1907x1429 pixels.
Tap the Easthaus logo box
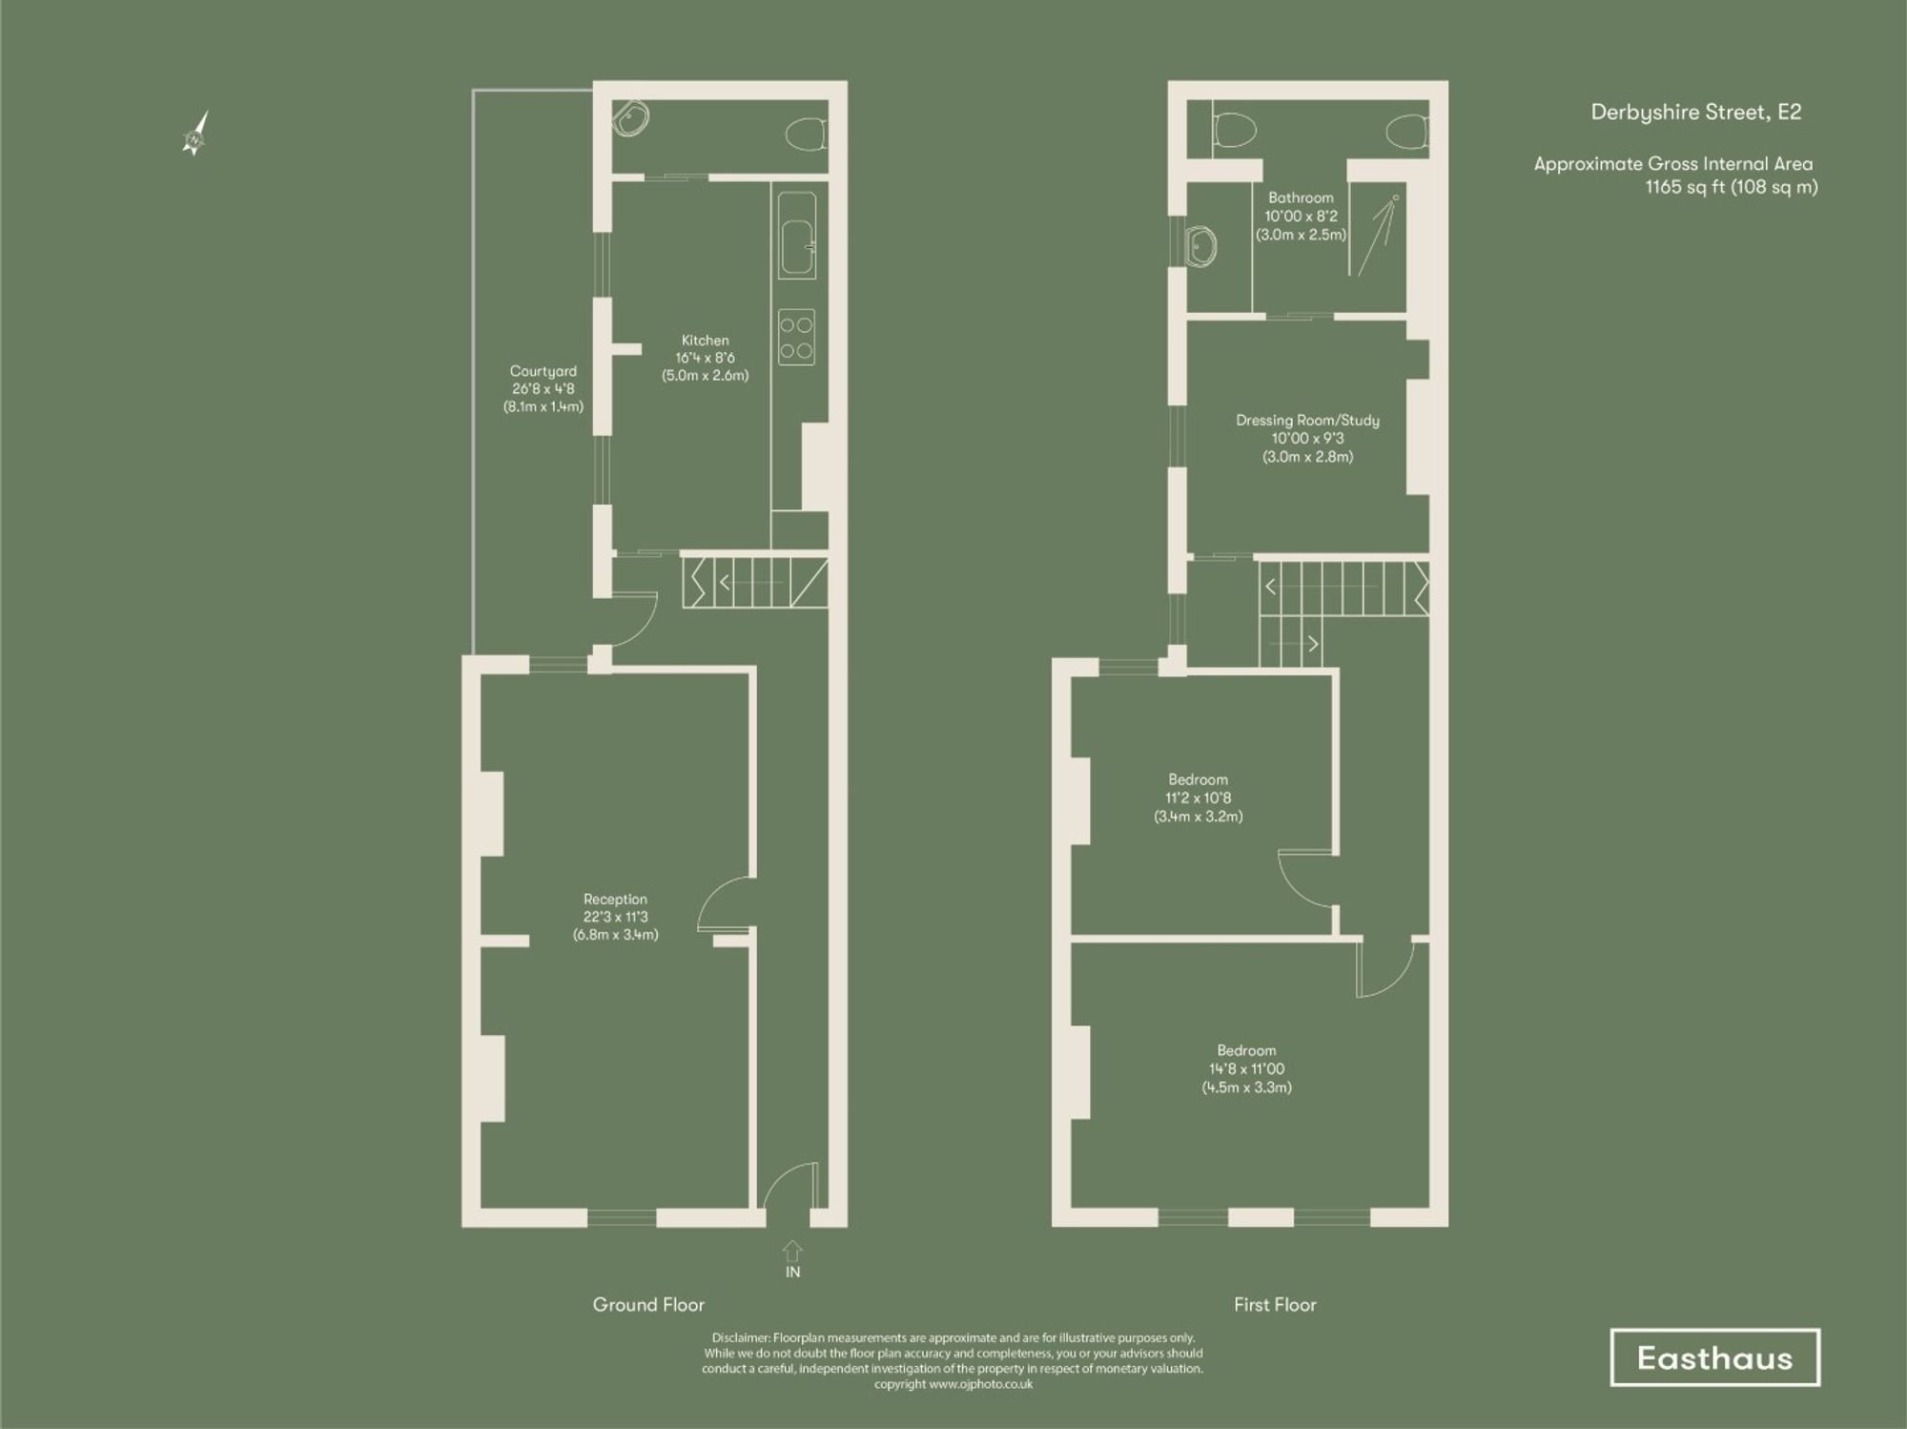tap(1714, 1357)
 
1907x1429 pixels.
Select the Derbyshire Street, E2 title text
tap(1695, 113)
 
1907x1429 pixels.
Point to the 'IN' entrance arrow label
tap(792, 1260)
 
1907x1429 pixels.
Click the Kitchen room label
tap(705, 358)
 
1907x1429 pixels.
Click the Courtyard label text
tap(543, 388)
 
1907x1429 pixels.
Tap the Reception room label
tap(615, 917)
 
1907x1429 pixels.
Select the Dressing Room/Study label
tap(1307, 438)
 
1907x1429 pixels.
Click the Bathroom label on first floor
tap(1301, 216)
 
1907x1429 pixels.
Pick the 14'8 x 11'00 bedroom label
tap(1246, 1068)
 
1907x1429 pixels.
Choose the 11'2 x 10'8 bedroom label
tap(1198, 797)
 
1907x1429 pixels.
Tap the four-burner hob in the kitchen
tap(797, 337)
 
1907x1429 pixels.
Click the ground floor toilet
tap(807, 134)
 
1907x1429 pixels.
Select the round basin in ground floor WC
tap(630, 119)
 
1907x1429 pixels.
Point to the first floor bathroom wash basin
tap(1201, 246)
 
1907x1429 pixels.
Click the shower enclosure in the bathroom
tap(1377, 235)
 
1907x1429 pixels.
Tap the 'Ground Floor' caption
tap(648, 1304)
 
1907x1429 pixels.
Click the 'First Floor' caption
tap(1274, 1304)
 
